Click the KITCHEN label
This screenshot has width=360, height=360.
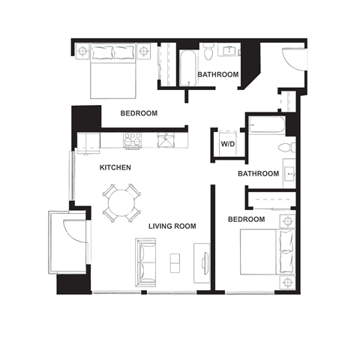[x=115, y=168]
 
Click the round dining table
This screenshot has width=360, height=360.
[x=121, y=202]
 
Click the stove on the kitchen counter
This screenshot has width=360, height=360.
[x=132, y=139]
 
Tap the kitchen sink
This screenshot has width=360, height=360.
[x=165, y=139]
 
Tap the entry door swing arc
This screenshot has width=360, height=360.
[x=294, y=60]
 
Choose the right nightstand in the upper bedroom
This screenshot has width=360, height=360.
[x=144, y=52]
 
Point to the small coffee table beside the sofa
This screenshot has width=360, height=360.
[x=175, y=262]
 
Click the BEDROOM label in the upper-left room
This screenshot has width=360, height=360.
[x=139, y=113]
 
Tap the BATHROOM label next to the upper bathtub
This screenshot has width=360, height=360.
[x=217, y=75]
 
